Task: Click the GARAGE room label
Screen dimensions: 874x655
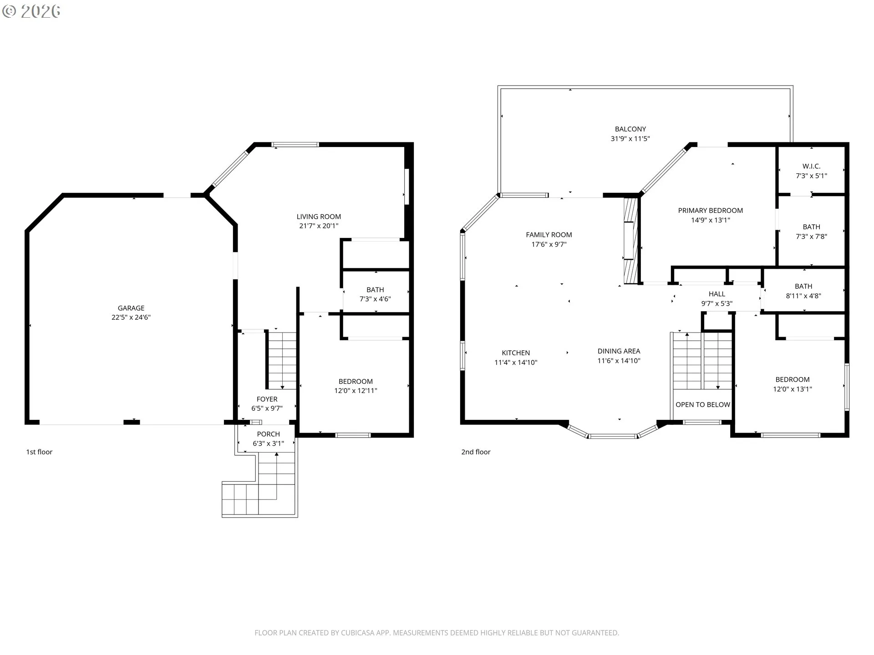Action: tap(131, 308)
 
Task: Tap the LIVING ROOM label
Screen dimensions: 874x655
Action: tap(319, 217)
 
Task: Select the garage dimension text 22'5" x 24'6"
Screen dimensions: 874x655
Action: tap(131, 317)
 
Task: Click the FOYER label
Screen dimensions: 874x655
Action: tap(267, 399)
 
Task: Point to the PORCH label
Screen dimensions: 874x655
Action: tap(269, 434)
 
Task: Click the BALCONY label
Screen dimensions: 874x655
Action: tap(630, 129)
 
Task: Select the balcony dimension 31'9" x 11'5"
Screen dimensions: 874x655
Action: tap(630, 139)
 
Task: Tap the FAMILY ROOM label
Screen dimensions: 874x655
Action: tap(549, 235)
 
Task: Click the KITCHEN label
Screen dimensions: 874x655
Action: tap(516, 353)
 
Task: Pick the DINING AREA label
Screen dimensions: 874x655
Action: tap(619, 351)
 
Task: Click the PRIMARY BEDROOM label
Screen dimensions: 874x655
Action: tap(711, 211)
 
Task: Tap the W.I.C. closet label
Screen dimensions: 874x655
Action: tap(812, 166)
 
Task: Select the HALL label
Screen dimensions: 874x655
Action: tap(717, 294)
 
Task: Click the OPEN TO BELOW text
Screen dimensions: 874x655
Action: tap(703, 405)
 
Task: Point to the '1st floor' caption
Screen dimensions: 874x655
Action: tap(39, 452)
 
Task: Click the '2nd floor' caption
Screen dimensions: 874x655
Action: tap(476, 452)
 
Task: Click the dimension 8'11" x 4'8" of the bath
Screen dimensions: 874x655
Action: tap(803, 296)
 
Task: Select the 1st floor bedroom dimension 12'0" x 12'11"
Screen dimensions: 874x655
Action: tap(356, 391)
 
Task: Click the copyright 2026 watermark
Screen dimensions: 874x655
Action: tap(31, 11)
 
